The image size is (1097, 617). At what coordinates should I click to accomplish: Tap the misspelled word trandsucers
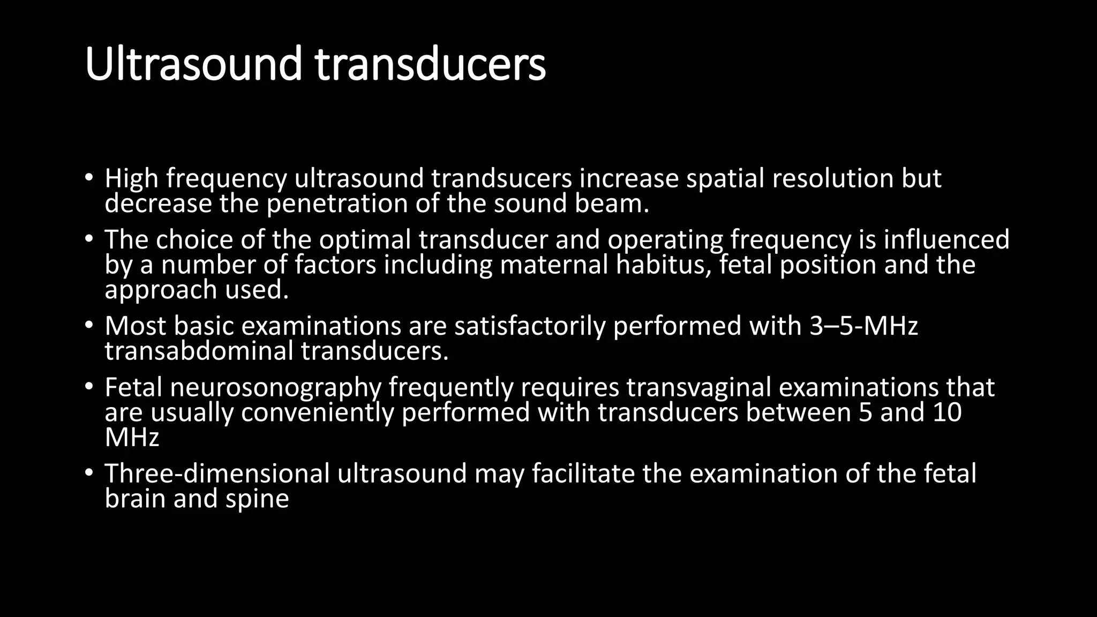point(502,178)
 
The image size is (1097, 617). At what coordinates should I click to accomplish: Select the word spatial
point(725,178)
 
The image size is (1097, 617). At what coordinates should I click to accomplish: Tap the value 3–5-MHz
point(863,326)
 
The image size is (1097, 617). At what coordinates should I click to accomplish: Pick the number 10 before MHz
point(947,412)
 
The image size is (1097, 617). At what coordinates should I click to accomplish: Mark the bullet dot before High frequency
point(89,178)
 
